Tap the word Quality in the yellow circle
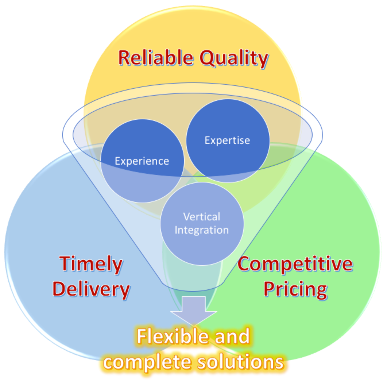(x=234, y=58)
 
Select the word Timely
(x=91, y=264)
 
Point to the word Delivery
(x=91, y=289)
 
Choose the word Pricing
(x=295, y=289)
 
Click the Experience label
(x=142, y=161)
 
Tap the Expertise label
(x=227, y=141)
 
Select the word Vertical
(x=202, y=217)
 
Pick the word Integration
(x=202, y=230)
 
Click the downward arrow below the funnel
(x=193, y=310)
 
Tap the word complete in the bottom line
(x=147, y=362)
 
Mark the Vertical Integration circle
(x=202, y=247)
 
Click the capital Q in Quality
(x=208, y=58)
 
